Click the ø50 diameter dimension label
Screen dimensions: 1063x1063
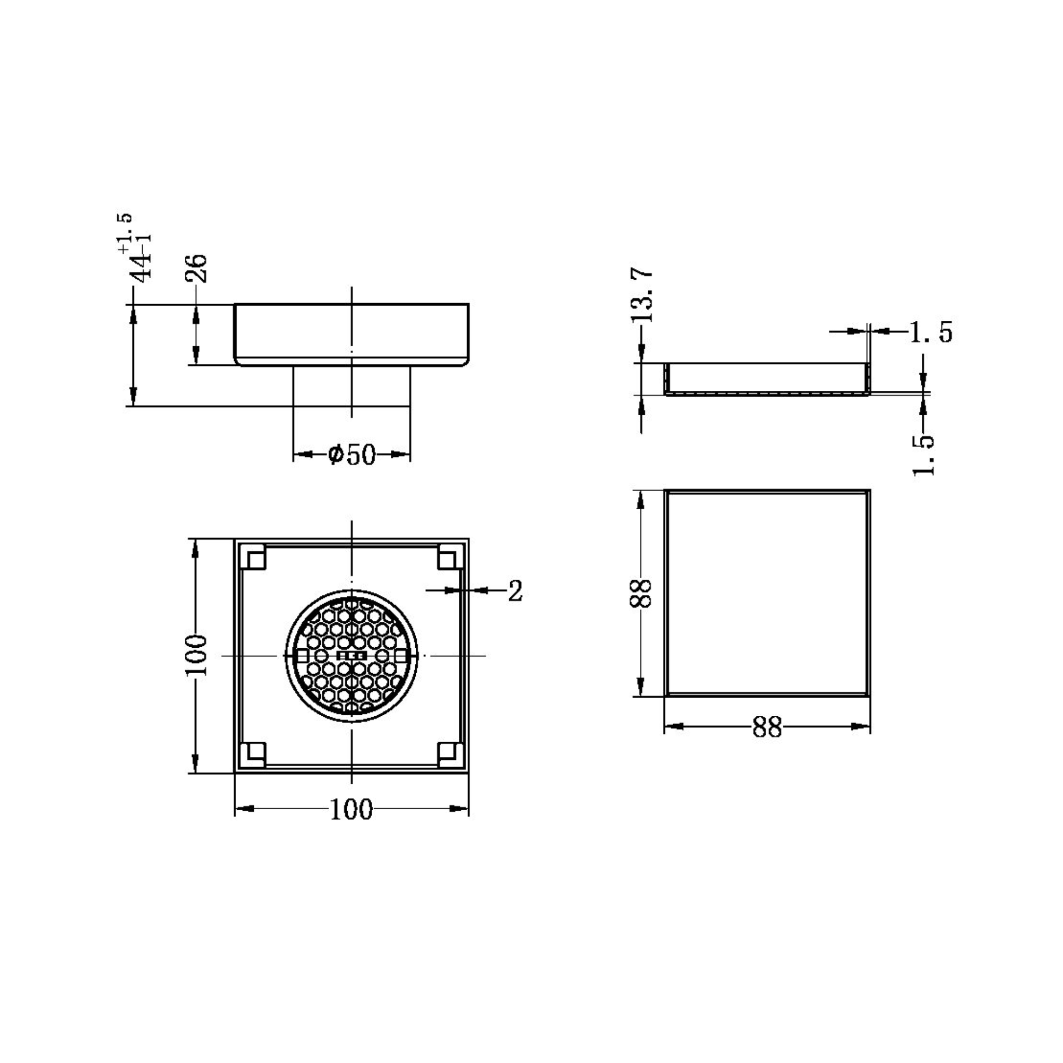point(351,455)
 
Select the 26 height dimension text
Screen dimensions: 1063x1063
point(196,268)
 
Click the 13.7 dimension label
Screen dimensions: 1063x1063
point(642,295)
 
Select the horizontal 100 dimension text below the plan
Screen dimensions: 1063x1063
point(351,810)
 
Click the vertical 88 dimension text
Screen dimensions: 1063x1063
point(640,593)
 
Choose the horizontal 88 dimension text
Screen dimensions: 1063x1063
point(767,728)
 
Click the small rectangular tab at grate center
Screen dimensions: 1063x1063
point(351,656)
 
